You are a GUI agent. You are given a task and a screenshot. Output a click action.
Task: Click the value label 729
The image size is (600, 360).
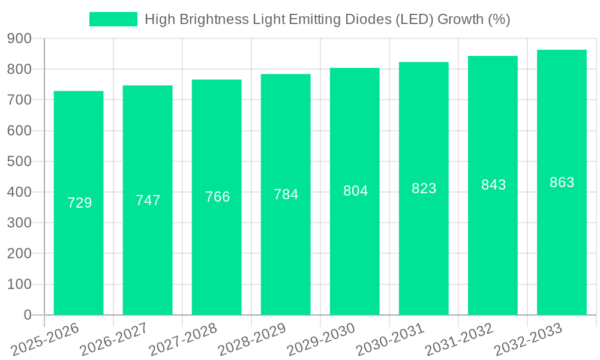click(x=80, y=203)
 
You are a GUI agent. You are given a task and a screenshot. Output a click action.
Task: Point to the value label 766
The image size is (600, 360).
click(x=217, y=197)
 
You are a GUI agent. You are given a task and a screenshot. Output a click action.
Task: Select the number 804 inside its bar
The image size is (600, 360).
click(x=355, y=191)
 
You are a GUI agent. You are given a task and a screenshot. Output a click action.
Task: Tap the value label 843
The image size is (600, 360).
click(x=493, y=185)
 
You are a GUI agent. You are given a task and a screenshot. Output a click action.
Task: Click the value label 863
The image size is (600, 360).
click(x=562, y=182)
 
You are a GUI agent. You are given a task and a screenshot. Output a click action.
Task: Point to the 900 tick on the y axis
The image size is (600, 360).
click(x=19, y=38)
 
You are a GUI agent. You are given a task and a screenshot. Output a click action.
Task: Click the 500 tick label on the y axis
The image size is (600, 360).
click(x=19, y=161)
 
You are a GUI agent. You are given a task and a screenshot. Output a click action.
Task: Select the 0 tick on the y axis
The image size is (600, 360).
click(x=27, y=315)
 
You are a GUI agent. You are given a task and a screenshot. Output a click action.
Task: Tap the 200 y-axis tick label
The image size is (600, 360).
click(x=19, y=254)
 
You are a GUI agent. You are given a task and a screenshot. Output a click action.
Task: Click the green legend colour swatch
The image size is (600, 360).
click(x=113, y=19)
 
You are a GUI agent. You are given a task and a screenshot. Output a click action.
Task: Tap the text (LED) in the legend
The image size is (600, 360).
click(x=414, y=19)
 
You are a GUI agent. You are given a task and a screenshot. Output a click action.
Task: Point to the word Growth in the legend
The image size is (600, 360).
click(x=460, y=19)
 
